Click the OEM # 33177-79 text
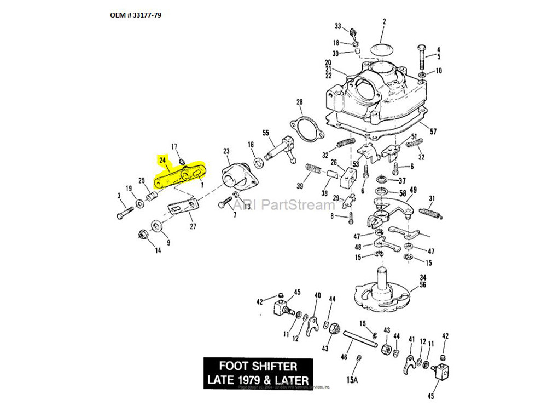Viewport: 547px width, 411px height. click(136, 15)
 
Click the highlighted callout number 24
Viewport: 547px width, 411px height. click(162, 161)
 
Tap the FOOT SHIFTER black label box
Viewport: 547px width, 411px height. click(258, 373)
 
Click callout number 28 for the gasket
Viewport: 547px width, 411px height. click(299, 102)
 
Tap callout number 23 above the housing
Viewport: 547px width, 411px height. click(226, 151)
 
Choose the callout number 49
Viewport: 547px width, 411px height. click(413, 190)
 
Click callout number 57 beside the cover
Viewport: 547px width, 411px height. click(433, 132)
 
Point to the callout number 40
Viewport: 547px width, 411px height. click(317, 296)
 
